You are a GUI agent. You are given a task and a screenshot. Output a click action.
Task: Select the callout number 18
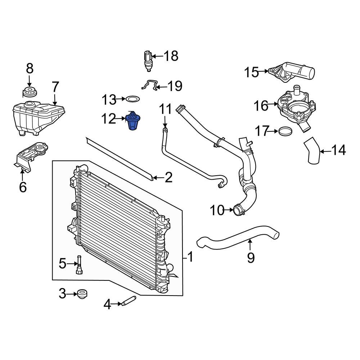[171, 56]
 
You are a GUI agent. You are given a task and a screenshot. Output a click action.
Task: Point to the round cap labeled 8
[29, 92]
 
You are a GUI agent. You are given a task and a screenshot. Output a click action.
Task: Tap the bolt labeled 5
[79, 266]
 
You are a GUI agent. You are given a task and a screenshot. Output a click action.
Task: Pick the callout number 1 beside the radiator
[190, 257]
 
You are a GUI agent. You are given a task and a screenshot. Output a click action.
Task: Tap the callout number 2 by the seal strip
[168, 177]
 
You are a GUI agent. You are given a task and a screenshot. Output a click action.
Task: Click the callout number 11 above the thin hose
[165, 109]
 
